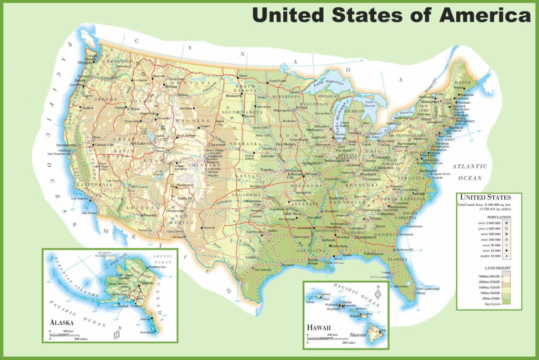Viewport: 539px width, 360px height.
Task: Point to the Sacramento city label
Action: (x=67, y=144)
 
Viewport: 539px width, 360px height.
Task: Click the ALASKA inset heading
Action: (x=62, y=322)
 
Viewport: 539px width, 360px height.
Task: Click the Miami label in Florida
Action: (x=421, y=293)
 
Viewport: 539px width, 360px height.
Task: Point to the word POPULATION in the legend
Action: (x=488, y=217)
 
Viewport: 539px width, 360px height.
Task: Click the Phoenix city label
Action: (x=150, y=215)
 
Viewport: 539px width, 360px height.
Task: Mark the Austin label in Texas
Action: (x=250, y=257)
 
